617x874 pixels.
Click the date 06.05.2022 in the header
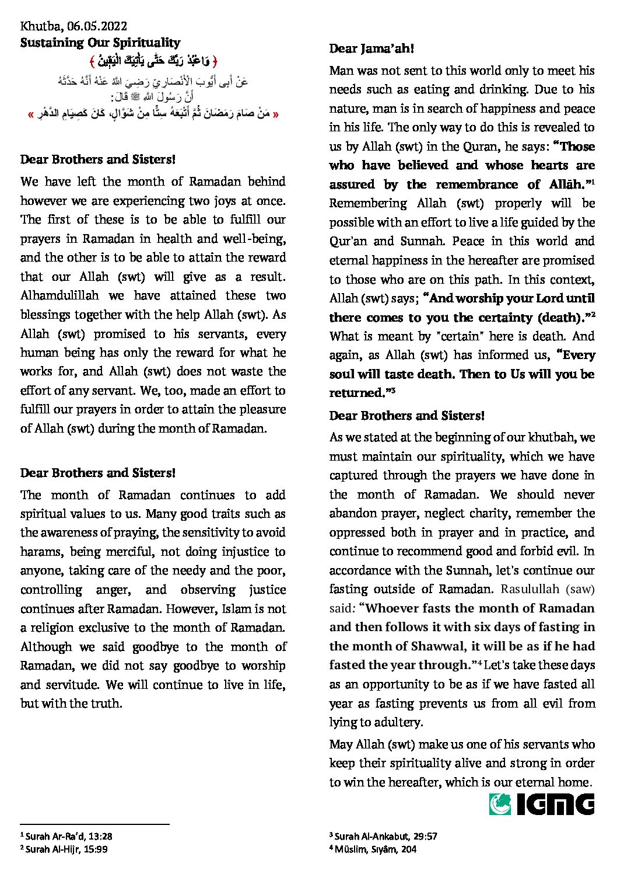[97, 26]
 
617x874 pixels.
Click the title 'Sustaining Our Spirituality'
[100, 43]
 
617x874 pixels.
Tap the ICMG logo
[542, 804]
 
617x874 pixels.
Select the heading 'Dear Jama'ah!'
[371, 48]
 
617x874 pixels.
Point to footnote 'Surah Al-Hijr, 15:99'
[66, 849]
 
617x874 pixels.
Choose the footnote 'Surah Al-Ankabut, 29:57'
[385, 836]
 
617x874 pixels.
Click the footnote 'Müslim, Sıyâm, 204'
[375, 849]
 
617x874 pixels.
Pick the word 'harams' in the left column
[40, 552]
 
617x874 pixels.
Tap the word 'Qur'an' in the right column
[347, 241]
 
